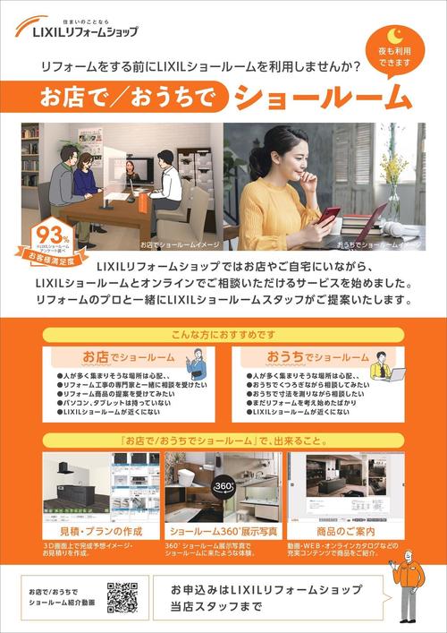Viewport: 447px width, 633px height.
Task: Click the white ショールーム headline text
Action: (x=321, y=96)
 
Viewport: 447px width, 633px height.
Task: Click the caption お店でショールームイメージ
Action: (x=178, y=243)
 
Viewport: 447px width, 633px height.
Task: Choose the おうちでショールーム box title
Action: (x=317, y=356)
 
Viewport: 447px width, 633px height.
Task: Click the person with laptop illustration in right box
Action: (x=382, y=367)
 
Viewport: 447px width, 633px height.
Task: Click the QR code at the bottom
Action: (x=121, y=596)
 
